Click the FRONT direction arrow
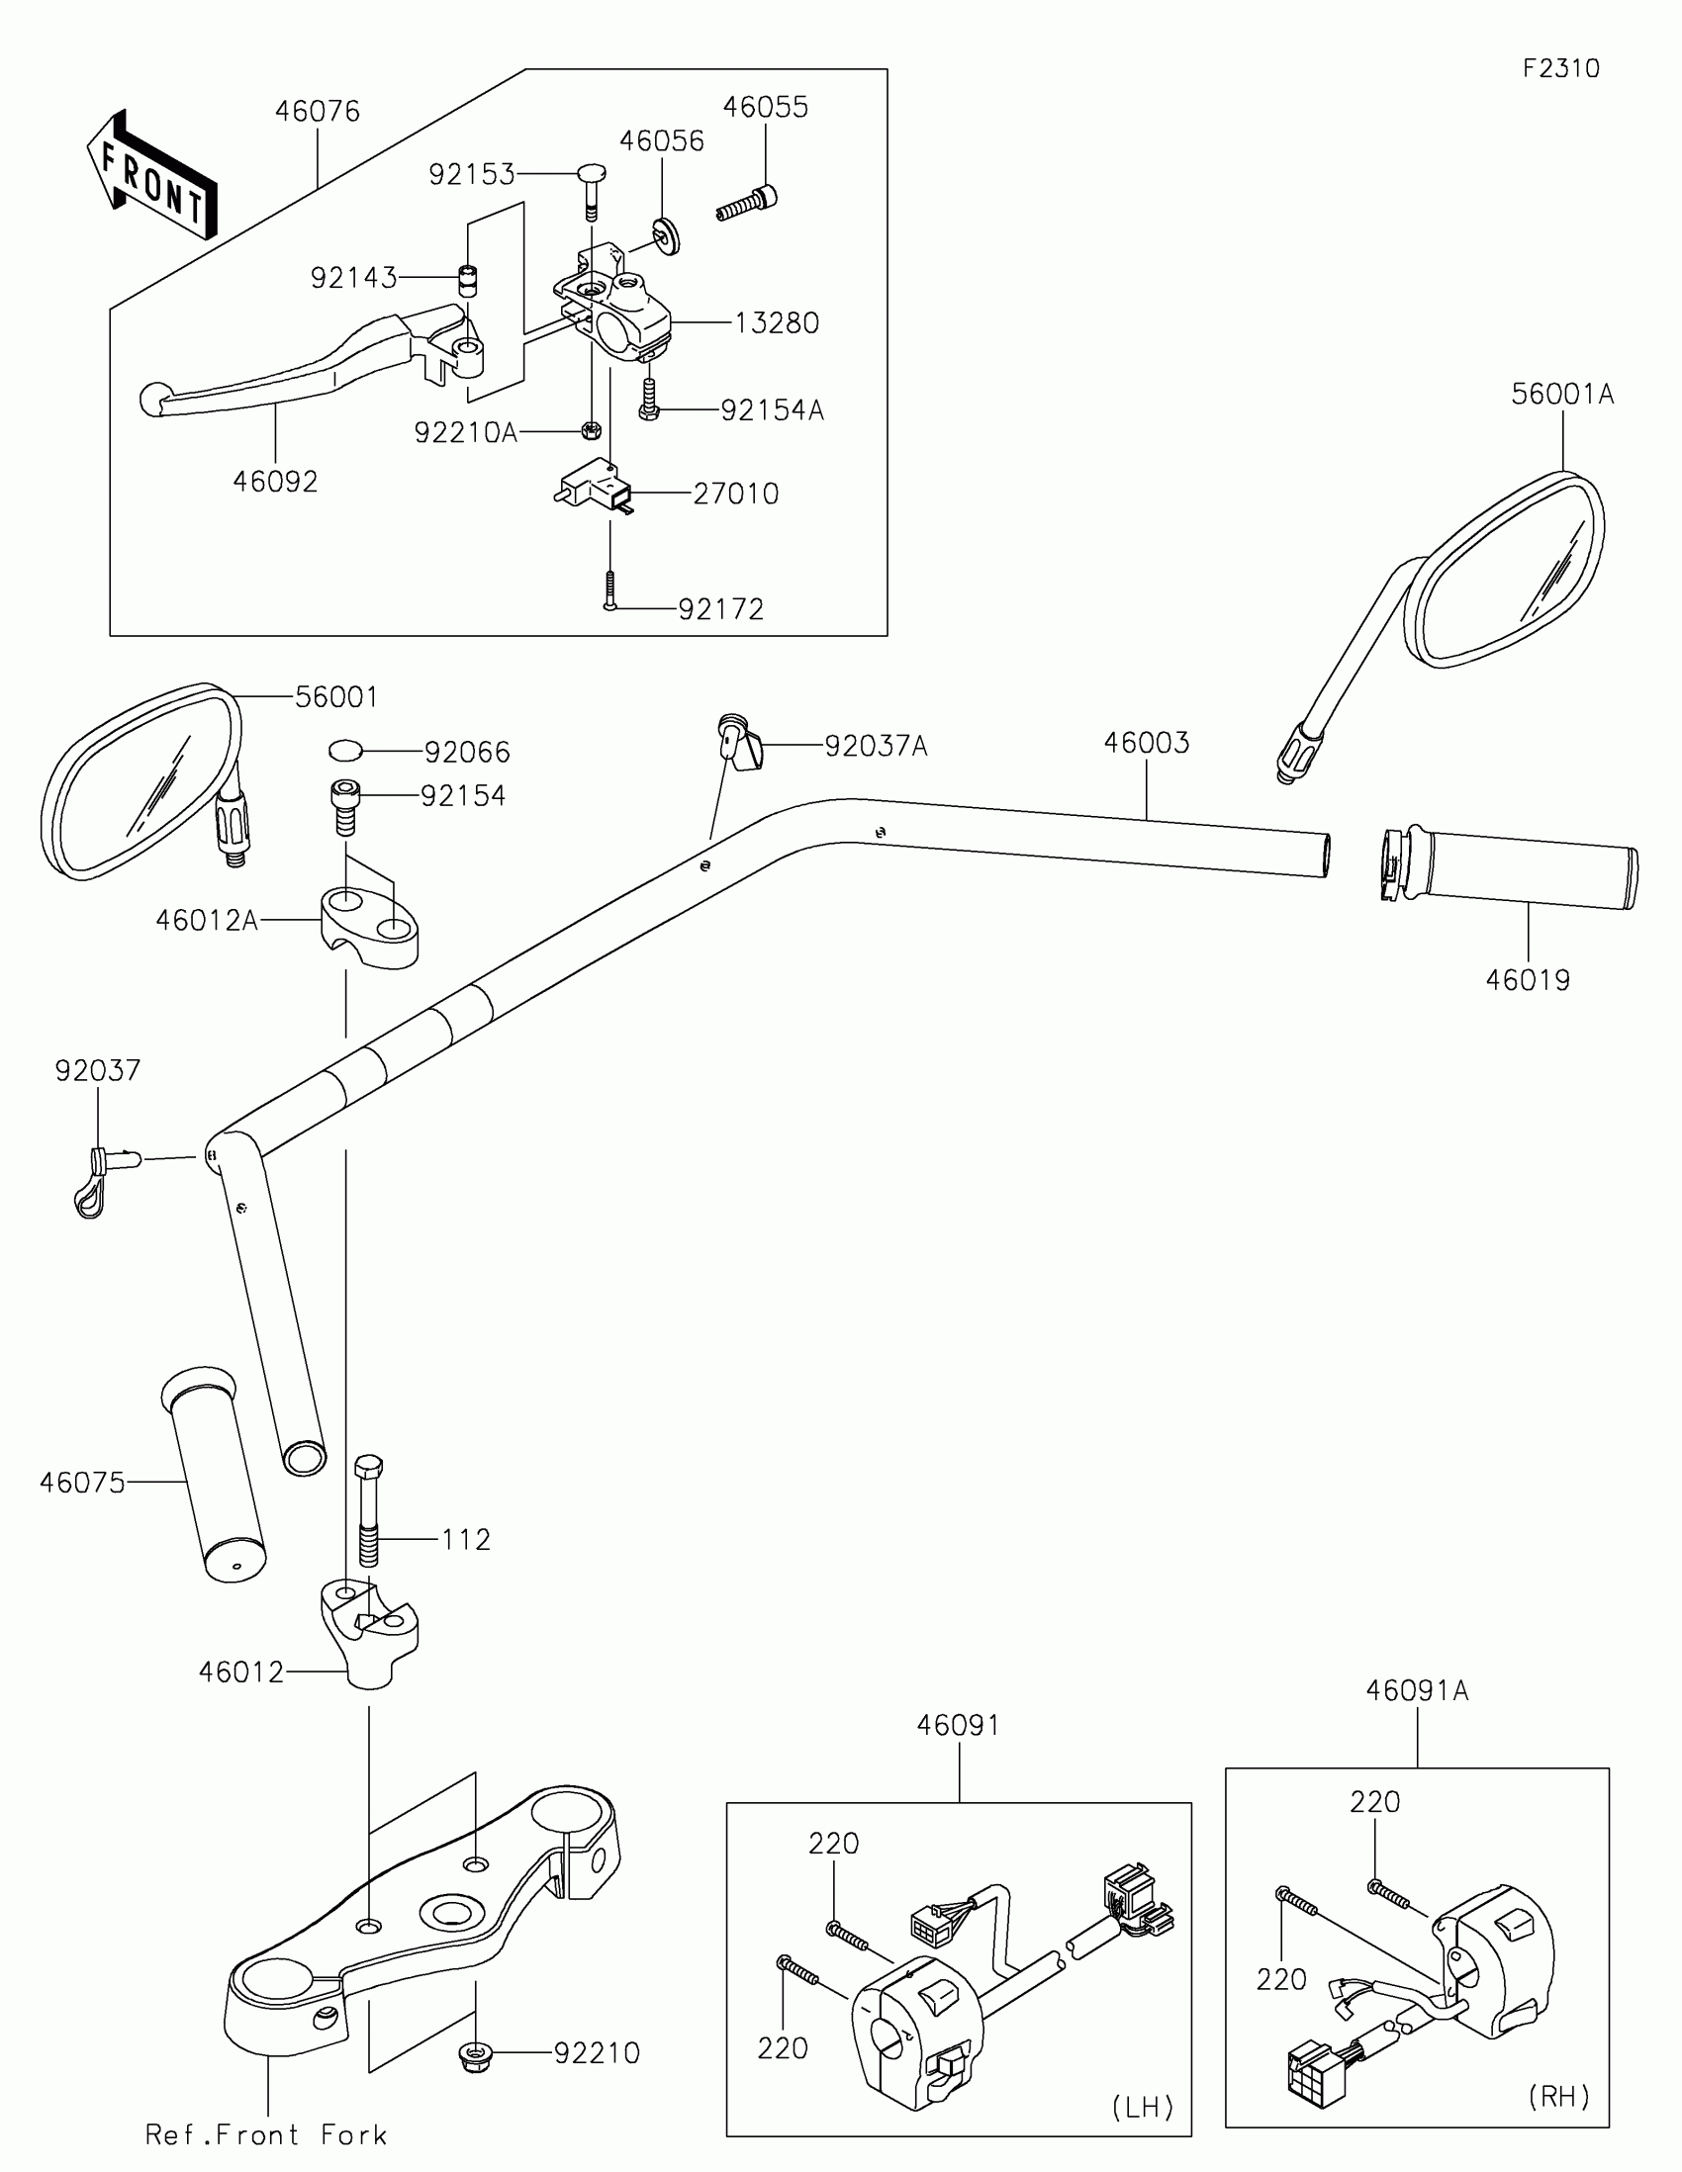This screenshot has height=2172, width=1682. point(151,177)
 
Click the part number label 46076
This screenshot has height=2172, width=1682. point(317,112)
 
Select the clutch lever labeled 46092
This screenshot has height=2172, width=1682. point(299,372)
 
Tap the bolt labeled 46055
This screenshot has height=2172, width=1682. point(748,203)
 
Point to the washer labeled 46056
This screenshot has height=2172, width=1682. point(665,234)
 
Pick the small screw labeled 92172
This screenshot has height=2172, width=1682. point(609,588)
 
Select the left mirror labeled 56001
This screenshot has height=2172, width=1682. point(140,779)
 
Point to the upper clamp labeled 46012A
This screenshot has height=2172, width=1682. point(369,929)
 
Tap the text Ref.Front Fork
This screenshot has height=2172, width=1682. point(265,2135)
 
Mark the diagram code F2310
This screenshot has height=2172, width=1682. point(1560,68)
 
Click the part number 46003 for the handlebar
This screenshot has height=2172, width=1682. point(1146,743)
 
